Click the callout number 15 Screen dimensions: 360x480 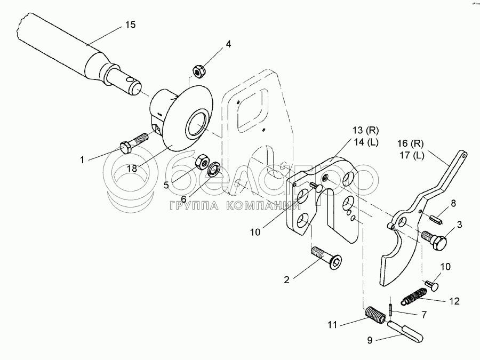point(130,25)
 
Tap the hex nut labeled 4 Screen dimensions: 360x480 point(198,70)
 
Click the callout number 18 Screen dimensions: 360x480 point(132,167)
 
